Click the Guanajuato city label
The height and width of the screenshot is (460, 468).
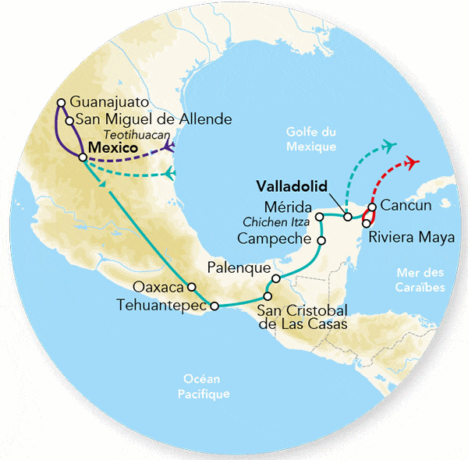pyautogui.click(x=107, y=102)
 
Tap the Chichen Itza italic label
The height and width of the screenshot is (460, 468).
pyautogui.click(x=275, y=221)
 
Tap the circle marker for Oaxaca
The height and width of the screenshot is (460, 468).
pyautogui.click(x=190, y=285)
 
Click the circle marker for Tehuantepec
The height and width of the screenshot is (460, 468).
pyautogui.click(x=214, y=306)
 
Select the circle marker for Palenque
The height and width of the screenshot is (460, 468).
pyautogui.click(x=275, y=279)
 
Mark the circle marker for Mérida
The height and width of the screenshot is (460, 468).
pyautogui.click(x=319, y=215)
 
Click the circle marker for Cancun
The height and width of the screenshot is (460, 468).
pyautogui.click(x=372, y=207)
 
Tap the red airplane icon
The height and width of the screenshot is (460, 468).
pyautogui.click(x=412, y=162)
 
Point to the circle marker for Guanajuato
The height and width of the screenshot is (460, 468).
pyautogui.click(x=61, y=102)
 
